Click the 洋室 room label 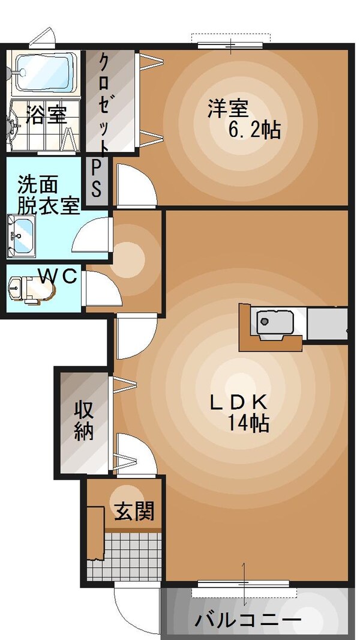[x=228, y=109]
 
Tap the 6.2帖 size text [x=254, y=129]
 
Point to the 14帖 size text [x=247, y=424]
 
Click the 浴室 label [x=46, y=115]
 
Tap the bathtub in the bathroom [x=46, y=73]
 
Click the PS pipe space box [x=96, y=180]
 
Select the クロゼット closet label [x=104, y=102]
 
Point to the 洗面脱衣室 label [x=48, y=193]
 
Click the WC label [x=58, y=276]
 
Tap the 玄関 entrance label [x=134, y=512]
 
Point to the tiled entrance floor [x=123, y=555]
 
